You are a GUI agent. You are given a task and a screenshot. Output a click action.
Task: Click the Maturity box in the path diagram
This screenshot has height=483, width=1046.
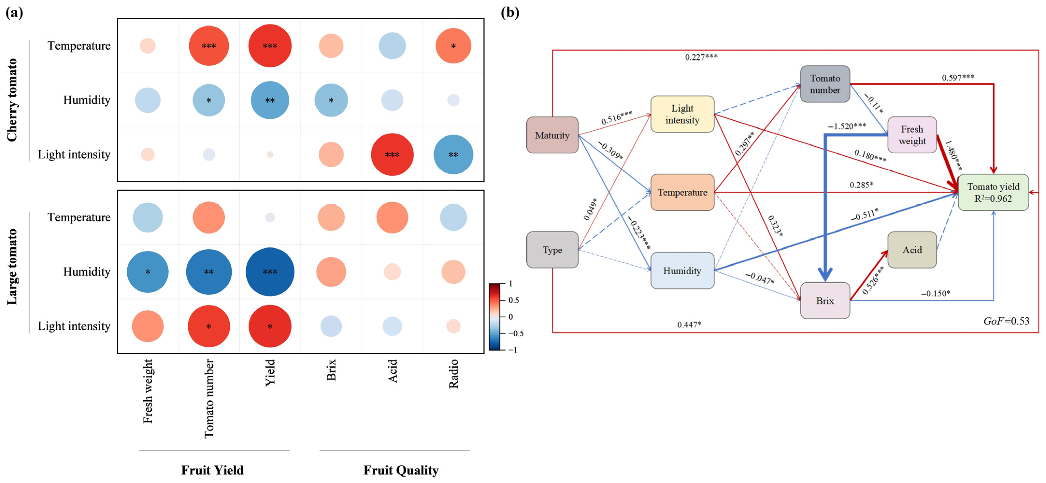click(x=552, y=135)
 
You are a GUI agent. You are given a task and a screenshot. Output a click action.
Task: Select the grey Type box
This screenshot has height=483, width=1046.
click(x=552, y=250)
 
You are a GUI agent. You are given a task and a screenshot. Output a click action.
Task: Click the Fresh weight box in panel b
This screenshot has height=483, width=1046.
click(x=912, y=135)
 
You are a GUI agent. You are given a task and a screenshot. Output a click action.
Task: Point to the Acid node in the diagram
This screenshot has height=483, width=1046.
click(x=912, y=250)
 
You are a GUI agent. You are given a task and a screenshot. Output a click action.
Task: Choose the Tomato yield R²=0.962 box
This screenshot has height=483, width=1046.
click(x=993, y=192)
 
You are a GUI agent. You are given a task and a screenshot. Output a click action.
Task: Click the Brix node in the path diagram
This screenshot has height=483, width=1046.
click(x=825, y=301)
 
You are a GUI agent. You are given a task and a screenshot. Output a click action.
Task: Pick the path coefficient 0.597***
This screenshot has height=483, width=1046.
click(x=958, y=77)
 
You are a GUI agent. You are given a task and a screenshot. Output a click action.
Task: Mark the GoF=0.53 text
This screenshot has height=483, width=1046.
click(x=1006, y=321)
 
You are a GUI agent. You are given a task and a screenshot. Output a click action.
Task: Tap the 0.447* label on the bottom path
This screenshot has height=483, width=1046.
click(x=689, y=324)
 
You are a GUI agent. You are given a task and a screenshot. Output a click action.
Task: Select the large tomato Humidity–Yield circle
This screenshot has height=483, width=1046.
click(x=270, y=272)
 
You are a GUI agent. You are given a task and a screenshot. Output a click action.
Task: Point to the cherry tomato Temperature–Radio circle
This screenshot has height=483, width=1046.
click(x=453, y=46)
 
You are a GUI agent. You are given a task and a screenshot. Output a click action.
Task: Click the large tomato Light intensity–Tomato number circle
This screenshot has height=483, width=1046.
click(x=209, y=326)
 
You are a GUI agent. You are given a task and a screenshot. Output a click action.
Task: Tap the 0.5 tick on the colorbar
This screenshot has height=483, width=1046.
click(x=514, y=300)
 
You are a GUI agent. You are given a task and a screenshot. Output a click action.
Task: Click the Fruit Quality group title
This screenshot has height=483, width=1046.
click(x=401, y=470)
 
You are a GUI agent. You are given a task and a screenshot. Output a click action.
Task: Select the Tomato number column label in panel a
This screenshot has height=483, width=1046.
click(x=209, y=398)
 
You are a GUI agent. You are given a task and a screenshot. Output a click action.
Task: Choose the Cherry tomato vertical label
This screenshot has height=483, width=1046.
click(x=12, y=100)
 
